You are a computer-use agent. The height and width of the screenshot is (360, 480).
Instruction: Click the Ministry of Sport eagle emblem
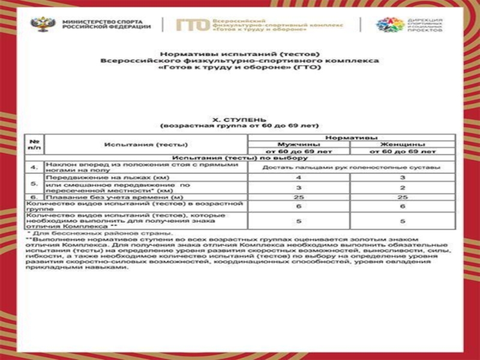tap(41, 25)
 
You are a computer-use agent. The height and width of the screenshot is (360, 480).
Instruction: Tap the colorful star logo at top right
tap(390, 25)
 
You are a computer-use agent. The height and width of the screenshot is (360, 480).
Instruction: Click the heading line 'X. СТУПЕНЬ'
tap(240, 119)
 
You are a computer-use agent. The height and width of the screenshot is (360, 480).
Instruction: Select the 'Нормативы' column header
tap(350, 137)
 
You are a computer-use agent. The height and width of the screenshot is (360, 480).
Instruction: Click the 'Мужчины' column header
tap(298, 145)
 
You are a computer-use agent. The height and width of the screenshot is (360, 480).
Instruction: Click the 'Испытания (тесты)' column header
tap(146, 145)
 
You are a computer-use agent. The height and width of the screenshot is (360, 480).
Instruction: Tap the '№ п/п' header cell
tap(34, 145)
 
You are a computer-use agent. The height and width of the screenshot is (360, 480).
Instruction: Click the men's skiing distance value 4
tap(298, 178)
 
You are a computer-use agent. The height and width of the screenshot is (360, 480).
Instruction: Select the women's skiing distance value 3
tap(402, 178)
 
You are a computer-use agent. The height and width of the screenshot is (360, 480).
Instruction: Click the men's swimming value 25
tap(298, 197)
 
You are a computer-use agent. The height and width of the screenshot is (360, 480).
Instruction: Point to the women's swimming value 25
tap(402, 197)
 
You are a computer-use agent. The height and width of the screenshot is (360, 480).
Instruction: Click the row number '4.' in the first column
tap(34, 167)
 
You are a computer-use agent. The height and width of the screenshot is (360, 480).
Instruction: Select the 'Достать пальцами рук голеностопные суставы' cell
tap(350, 167)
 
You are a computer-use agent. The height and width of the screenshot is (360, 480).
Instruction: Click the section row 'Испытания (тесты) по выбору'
tap(240, 158)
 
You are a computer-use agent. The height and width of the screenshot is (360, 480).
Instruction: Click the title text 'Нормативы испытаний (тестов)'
tap(240, 55)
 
